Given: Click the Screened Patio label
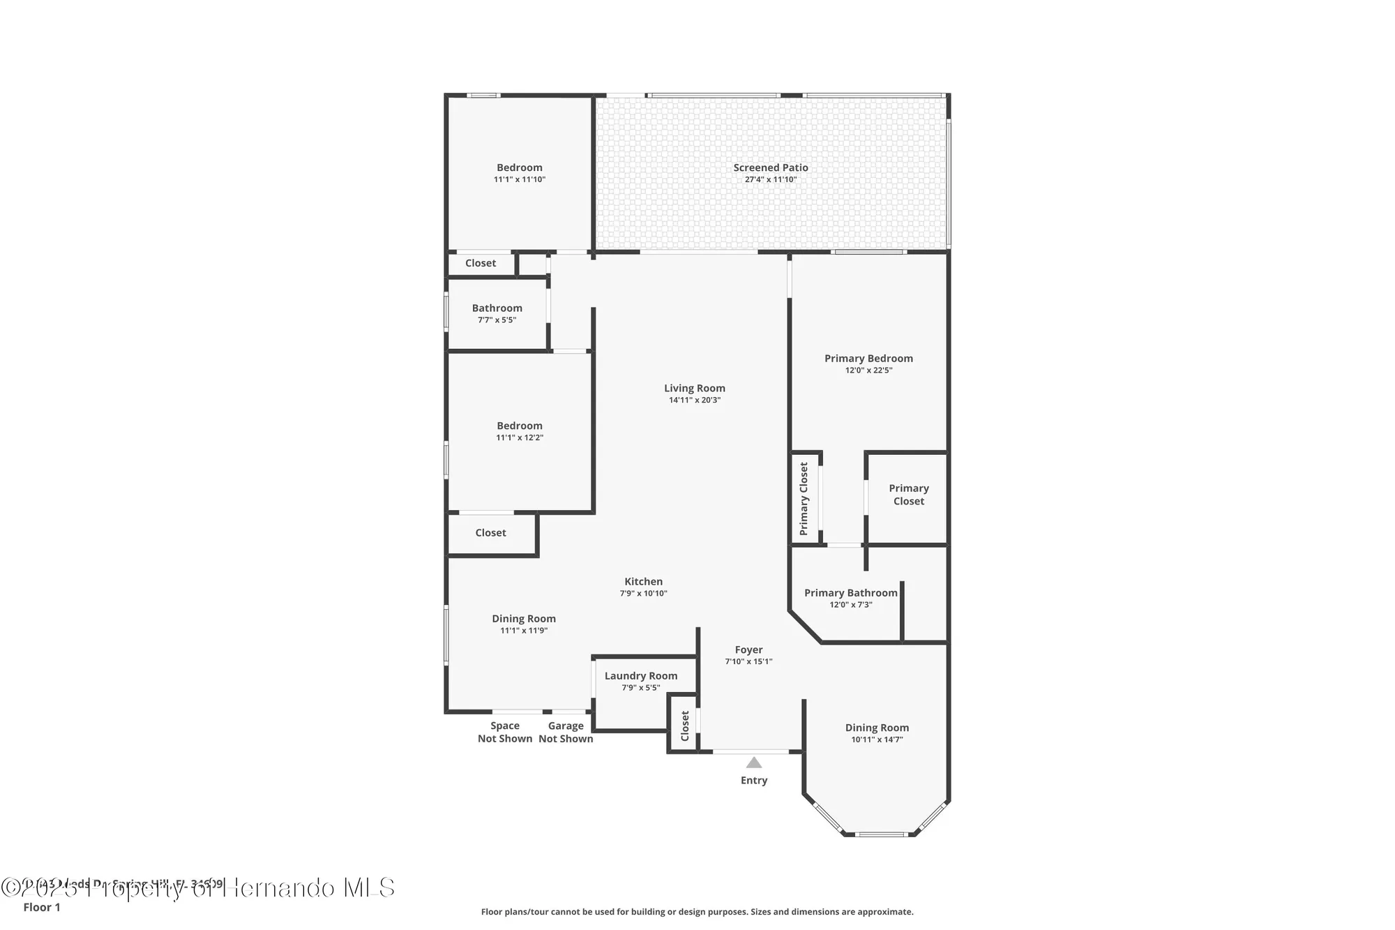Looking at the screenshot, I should (771, 167).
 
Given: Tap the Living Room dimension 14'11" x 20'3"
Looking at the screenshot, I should (695, 400).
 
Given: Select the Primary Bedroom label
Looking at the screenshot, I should (868, 359).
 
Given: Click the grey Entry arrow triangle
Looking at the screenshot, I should (754, 763).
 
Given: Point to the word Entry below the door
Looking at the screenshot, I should (754, 781).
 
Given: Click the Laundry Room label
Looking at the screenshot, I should (641, 676).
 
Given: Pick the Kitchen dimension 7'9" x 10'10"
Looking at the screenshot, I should (644, 594).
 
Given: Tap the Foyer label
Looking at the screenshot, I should (748, 650).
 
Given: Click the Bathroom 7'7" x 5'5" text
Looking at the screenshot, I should (497, 320).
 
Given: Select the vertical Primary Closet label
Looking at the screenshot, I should (804, 499).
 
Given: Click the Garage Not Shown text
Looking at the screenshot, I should (566, 733).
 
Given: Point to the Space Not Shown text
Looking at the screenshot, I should (505, 733).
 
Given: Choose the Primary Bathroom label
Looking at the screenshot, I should (851, 593).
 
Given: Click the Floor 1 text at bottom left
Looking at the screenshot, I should (42, 907).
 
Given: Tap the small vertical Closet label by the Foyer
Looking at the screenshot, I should (685, 726).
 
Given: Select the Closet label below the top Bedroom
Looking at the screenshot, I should (481, 263).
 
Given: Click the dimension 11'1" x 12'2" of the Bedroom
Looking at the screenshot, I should (520, 438).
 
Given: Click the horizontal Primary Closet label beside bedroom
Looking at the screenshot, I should (909, 495).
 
